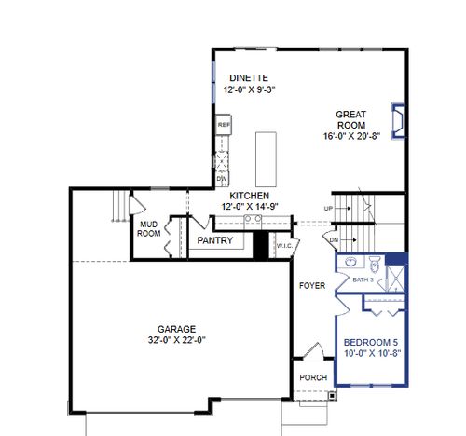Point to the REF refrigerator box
click(x=224, y=124)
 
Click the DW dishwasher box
click(x=222, y=177)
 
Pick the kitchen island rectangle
click(x=267, y=157)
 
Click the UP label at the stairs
click(x=328, y=208)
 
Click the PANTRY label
click(x=214, y=240)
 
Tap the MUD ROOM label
click(x=149, y=229)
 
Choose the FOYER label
click(x=312, y=285)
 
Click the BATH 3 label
click(x=363, y=279)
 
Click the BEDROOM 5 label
click(x=372, y=341)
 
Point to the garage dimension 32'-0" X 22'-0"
click(x=176, y=340)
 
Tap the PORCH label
click(x=312, y=377)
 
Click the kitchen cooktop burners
click(x=252, y=219)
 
